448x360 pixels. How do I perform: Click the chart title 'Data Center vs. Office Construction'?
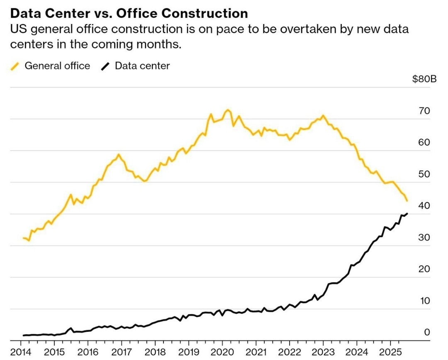tap(129, 13)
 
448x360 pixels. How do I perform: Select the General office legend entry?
tap(50, 66)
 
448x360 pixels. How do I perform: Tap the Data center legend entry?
tap(135, 66)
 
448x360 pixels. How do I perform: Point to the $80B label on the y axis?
tap(424, 79)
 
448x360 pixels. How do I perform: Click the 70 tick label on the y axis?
tap(424, 111)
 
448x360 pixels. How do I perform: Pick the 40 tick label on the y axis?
tap(424, 206)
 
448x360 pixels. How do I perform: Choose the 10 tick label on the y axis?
tap(424, 301)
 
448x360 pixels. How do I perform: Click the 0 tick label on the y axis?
tap(427, 332)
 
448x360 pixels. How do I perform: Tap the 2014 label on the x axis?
tap(21, 352)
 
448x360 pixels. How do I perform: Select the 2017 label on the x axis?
tap(122, 352)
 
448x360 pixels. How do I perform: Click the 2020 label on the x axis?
tap(223, 352)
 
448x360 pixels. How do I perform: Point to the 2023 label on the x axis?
tap(324, 352)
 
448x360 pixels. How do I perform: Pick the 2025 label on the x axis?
tap(391, 352)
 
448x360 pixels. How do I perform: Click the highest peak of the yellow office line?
tap(228, 110)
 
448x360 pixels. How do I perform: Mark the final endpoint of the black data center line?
tap(407, 214)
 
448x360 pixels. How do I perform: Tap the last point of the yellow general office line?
tap(407, 201)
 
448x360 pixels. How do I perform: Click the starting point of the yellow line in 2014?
tap(24, 238)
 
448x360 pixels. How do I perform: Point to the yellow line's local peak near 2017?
tap(119, 155)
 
